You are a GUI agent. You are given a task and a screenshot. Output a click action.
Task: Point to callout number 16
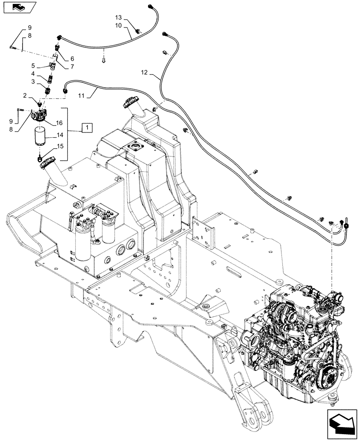[59, 123]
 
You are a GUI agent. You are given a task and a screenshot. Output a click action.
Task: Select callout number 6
[72, 58]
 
